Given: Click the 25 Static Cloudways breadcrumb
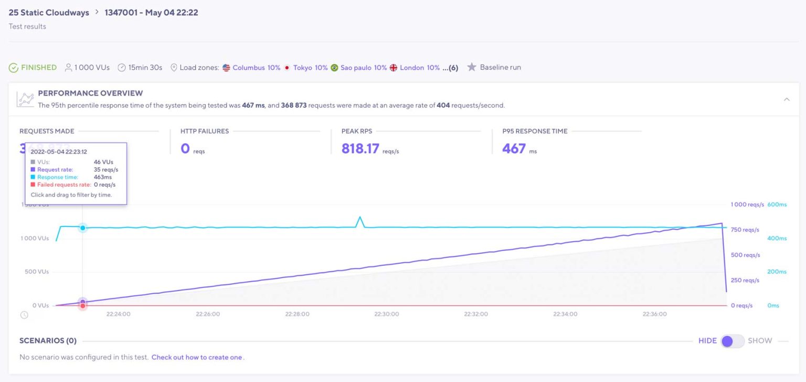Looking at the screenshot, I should pos(49,13).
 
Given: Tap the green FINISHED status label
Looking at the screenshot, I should pos(38,67).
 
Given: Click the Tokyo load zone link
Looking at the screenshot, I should pos(302,68).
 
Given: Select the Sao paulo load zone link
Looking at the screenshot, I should pos(356,68).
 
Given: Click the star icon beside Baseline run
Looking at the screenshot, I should pos(472,67).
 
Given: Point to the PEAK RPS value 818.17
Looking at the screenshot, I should pos(360,149).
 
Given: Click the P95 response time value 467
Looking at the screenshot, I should pos(514,149).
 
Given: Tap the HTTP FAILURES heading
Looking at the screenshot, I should pos(205,131).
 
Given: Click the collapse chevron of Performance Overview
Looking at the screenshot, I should pos(787,99).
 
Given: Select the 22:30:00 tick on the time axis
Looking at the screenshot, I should pos(387,314).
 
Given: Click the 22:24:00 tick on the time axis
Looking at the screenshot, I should pos(119,314).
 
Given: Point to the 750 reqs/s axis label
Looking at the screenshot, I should pos(745,230).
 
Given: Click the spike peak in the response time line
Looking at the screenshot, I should pos(360,217).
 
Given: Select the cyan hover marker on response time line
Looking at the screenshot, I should pos(82,228).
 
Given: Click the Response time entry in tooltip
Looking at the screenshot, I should pos(58,177).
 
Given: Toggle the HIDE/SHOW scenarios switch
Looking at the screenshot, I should pos(732,341).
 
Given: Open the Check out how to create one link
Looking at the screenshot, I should pos(197,357).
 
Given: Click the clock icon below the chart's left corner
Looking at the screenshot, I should pos(24,315).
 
